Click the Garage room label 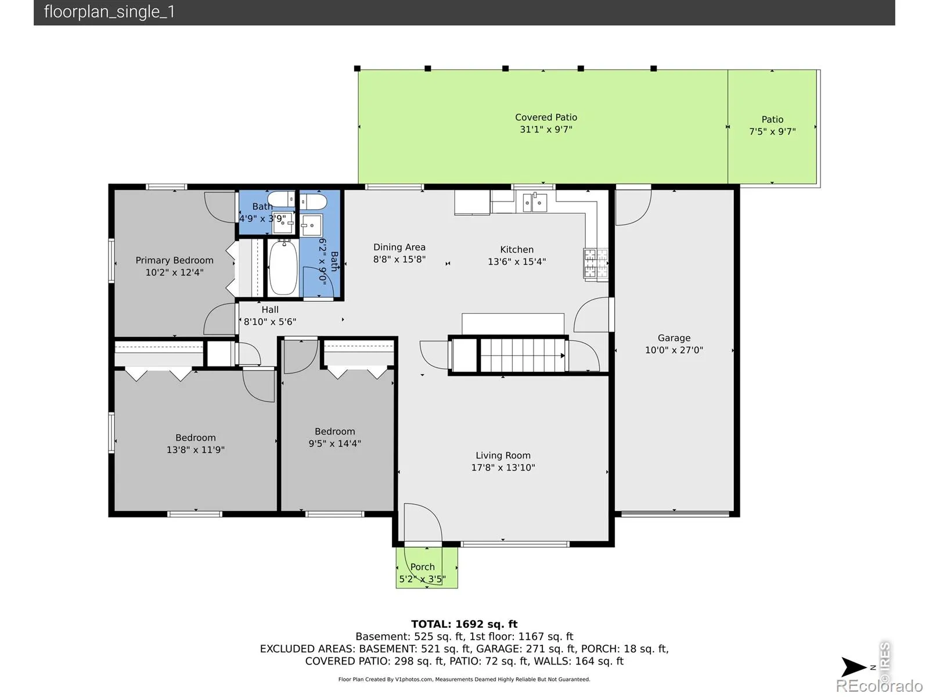[674, 338]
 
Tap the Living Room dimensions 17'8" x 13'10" [503, 468]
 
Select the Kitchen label [517, 250]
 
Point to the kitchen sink [534, 202]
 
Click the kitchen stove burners [596, 263]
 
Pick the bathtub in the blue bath [283, 267]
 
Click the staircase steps [523, 355]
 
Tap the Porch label [422, 567]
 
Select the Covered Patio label [546, 117]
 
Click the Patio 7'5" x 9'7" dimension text [772, 132]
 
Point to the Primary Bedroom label [174, 260]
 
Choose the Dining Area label [399, 247]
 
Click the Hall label [270, 310]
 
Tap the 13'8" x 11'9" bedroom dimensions [196, 450]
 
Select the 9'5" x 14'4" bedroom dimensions [334, 444]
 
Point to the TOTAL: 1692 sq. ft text [464, 624]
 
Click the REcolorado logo [880, 685]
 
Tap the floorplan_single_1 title [109, 12]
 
